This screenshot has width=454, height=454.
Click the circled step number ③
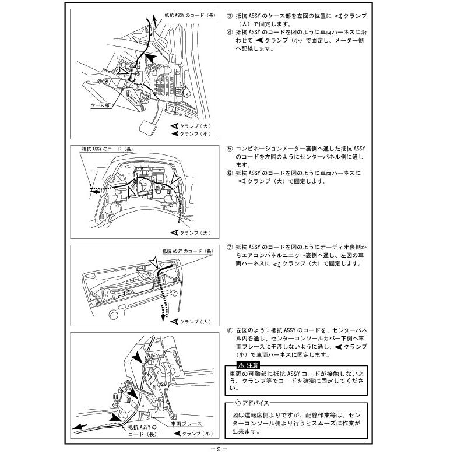(x=229, y=15)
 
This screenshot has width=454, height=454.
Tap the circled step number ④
(x=229, y=32)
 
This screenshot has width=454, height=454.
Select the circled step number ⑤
(x=229, y=149)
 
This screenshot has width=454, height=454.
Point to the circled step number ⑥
(x=229, y=173)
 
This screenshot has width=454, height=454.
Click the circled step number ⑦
(x=229, y=247)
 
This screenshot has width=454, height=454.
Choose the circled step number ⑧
(x=229, y=330)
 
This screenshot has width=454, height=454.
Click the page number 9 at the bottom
(x=216, y=449)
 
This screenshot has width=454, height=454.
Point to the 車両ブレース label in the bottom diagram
(x=186, y=424)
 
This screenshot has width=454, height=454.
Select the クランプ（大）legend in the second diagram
(x=193, y=233)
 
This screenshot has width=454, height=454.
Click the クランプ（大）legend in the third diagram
(x=193, y=321)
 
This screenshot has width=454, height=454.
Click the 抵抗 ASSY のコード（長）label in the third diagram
(x=188, y=251)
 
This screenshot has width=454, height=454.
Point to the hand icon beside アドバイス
(x=237, y=403)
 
